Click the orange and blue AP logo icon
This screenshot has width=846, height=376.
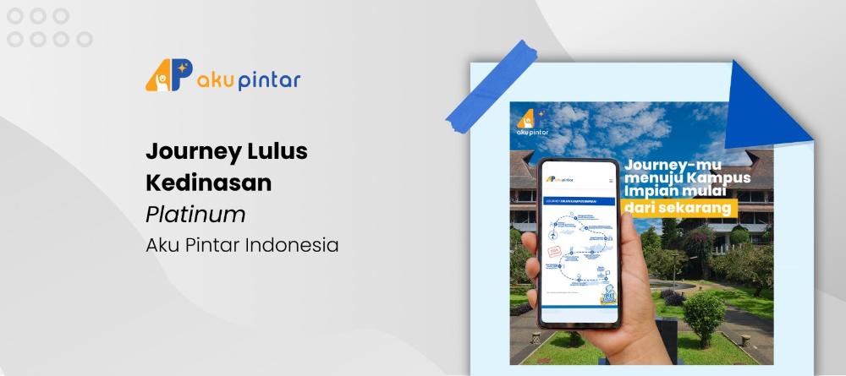coord(168,77)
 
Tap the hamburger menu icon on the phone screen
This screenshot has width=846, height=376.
coord(611,180)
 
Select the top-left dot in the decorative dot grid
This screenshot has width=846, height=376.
coord(14,15)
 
